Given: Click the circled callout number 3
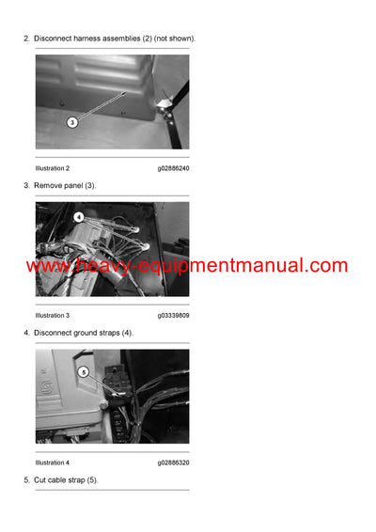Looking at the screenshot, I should (x=72, y=122).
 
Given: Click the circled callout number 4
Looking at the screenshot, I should (x=79, y=216).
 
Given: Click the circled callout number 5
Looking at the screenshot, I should (x=84, y=371).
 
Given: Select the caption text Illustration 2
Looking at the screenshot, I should (x=53, y=167).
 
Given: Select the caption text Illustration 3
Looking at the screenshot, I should (x=53, y=315).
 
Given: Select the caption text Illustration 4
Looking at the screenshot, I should (x=53, y=462).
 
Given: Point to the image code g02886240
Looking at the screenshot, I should (x=173, y=167).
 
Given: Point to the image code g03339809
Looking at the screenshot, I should (x=173, y=315).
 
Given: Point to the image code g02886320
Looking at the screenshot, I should (x=173, y=462).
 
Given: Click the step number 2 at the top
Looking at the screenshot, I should (x=25, y=38).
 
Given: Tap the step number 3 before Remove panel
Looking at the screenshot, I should (x=25, y=185).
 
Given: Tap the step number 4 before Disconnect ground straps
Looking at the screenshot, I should (x=25, y=333).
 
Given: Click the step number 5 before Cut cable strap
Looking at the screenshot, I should (x=25, y=480).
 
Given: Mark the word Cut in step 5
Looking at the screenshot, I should (x=40, y=480).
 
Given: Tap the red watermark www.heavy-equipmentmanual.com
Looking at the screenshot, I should (x=188, y=266).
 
